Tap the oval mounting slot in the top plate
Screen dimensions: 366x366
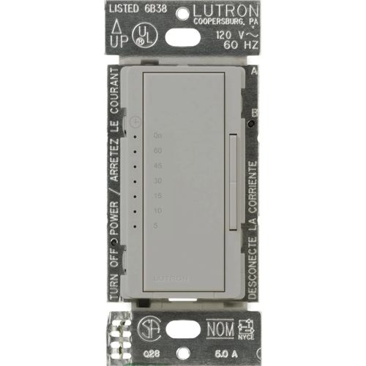[x=182, y=35]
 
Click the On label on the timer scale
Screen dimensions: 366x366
[x=158, y=135]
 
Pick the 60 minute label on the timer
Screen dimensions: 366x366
[x=158, y=150]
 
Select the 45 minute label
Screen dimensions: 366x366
[x=158, y=165]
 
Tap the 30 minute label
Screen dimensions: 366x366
[x=158, y=180]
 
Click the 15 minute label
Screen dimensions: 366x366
[x=158, y=195]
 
